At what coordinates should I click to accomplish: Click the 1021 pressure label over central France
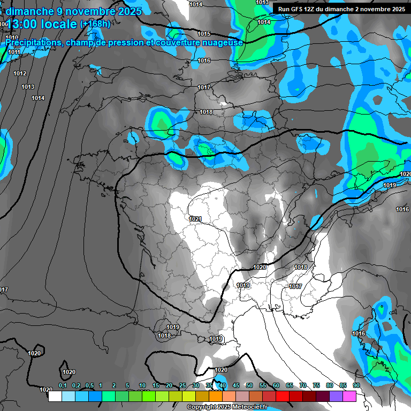195,219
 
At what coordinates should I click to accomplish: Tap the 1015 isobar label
204,34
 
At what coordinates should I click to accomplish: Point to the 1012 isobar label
20,73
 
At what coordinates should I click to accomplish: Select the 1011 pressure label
14,52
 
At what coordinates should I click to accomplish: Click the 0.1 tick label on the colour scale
63,385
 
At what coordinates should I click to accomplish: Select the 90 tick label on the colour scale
356,385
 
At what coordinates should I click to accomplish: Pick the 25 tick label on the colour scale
182,385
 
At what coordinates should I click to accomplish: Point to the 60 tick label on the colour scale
276,385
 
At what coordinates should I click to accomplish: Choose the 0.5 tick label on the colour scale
89,385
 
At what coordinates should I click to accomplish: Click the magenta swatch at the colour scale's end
349,396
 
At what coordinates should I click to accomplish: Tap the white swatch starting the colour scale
55,396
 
